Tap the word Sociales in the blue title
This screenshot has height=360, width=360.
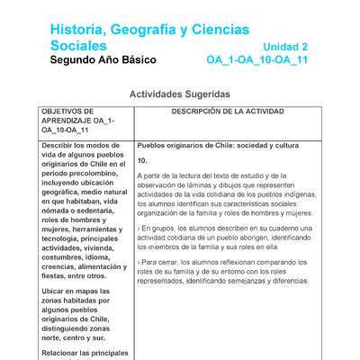pyautogui.click(x=79, y=45)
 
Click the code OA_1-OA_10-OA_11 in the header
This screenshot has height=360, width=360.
pyautogui.click(x=256, y=60)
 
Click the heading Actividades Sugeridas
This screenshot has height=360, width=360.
pyautogui.click(x=180, y=94)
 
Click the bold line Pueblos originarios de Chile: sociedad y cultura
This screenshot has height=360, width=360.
pyautogui.click(x=218, y=145)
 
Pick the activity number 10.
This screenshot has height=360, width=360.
pyautogui.click(x=142, y=160)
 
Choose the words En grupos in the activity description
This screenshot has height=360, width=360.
pyautogui.click(x=162, y=229)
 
